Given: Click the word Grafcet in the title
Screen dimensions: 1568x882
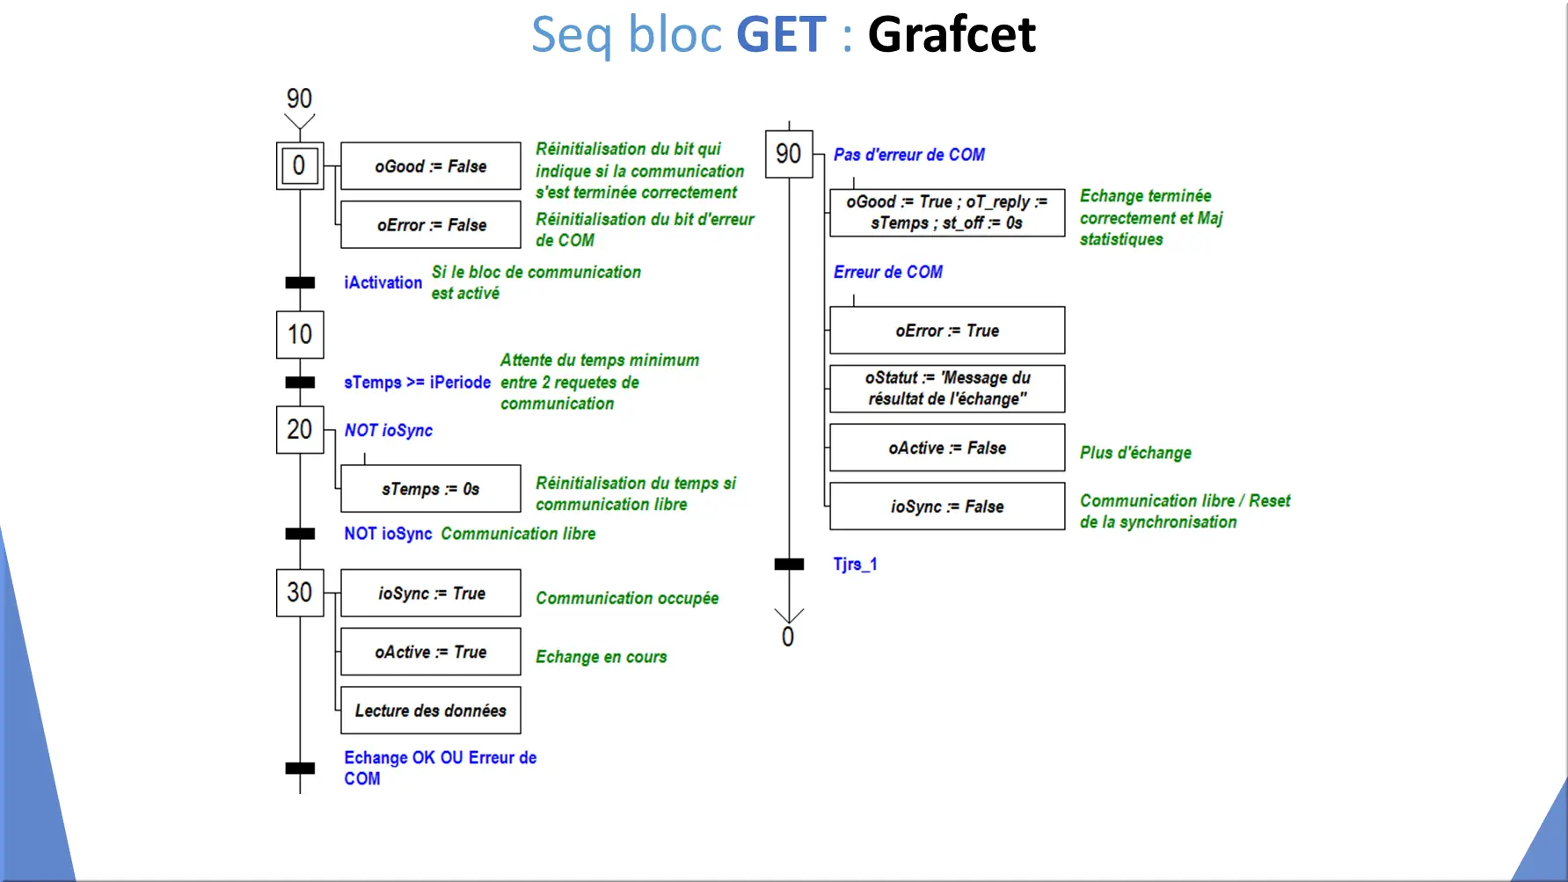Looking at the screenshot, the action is (x=952, y=34).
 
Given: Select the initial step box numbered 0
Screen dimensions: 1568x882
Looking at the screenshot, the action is (x=300, y=165).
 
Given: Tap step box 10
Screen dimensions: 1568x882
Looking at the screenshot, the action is (x=300, y=334).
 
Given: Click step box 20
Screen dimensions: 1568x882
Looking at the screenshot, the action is (x=300, y=429).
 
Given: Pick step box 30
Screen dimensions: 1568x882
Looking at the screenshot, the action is (x=300, y=593).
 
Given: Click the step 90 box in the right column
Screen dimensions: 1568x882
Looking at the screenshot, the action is (x=789, y=154).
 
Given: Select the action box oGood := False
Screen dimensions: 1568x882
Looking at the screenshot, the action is (x=431, y=166).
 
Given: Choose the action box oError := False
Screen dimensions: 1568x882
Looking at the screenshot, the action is (x=431, y=225).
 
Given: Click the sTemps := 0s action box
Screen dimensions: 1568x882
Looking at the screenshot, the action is (x=431, y=489).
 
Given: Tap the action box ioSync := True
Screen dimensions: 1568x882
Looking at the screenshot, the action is (x=431, y=594).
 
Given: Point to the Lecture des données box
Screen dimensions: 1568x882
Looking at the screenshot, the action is (x=431, y=711).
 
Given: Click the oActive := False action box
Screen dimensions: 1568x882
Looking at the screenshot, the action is (x=947, y=448).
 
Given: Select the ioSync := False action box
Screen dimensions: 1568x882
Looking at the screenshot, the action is (x=947, y=507).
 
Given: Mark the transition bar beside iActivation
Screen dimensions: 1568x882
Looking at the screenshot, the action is (x=300, y=282).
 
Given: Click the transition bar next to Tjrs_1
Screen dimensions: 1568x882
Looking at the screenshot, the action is (x=789, y=565).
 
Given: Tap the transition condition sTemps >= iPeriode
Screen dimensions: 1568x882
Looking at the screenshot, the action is (x=417, y=383).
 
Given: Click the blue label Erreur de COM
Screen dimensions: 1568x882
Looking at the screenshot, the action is (x=888, y=273).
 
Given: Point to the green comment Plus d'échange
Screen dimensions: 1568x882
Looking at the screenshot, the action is (x=1135, y=453).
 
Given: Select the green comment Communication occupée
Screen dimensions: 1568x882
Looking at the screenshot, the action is (x=627, y=599).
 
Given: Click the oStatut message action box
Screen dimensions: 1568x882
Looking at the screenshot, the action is (x=947, y=389).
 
